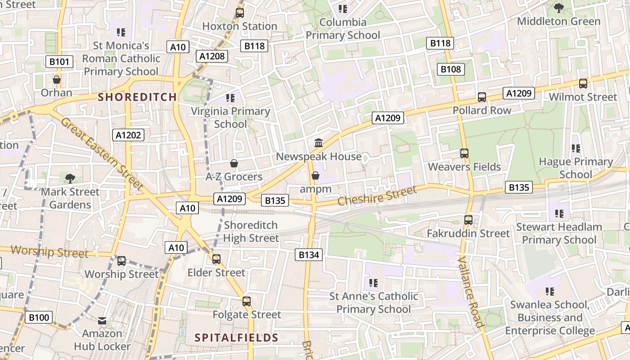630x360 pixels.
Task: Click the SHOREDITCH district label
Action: (137, 97)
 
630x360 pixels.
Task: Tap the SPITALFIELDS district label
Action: (236, 337)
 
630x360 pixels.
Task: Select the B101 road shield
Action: (59, 62)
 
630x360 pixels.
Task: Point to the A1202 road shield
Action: (128, 135)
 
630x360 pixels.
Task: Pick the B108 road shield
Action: (451, 69)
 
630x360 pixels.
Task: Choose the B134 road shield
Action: (309, 255)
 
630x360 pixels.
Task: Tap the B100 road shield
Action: (39, 317)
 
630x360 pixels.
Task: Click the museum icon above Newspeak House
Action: (319, 143)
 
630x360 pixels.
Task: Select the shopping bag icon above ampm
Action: (315, 175)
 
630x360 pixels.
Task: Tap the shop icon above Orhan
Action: (57, 80)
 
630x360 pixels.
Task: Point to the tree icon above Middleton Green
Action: (559, 8)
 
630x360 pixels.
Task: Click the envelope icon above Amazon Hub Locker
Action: (102, 320)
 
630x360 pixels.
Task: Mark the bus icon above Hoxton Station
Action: (240, 13)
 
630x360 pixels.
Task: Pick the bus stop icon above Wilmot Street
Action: (583, 83)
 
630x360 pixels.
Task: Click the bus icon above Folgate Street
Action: (247, 301)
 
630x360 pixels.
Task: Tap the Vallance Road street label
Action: (470, 292)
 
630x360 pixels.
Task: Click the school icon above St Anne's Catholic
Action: (373, 283)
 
